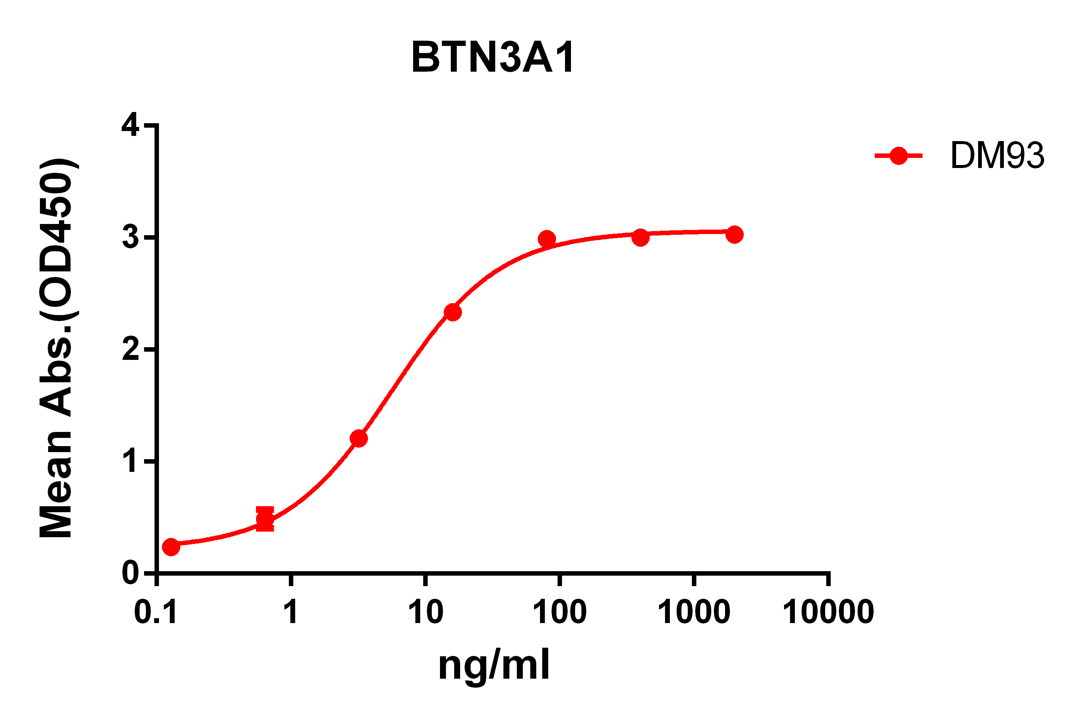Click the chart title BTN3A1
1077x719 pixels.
point(492,57)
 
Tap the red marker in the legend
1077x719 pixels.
point(898,156)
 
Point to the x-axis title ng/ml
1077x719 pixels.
point(494,665)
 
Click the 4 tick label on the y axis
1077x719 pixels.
point(130,124)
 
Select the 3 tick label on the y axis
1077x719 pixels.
point(131,237)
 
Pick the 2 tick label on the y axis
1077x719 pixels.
point(131,349)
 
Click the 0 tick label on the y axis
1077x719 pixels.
point(131,573)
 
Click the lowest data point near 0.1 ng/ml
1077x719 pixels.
point(171,547)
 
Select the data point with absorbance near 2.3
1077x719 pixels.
point(453,313)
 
